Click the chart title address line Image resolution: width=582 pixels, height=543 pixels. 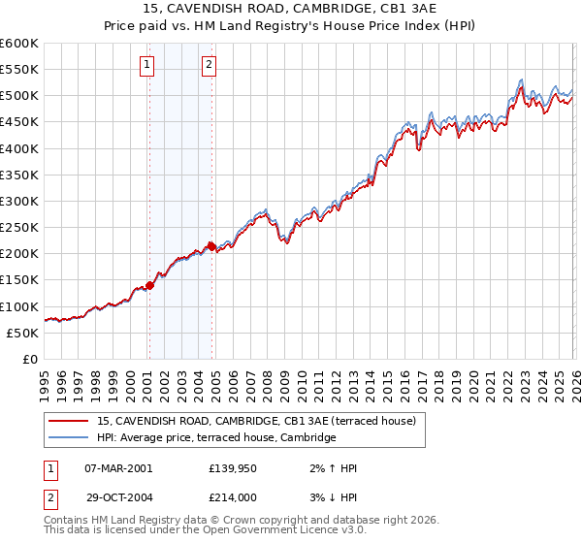tap(291, 9)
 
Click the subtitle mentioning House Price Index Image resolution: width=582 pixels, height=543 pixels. tap(291, 26)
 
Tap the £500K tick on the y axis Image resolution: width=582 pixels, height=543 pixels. tap(19, 96)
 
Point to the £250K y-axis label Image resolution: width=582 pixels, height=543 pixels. tap(19, 228)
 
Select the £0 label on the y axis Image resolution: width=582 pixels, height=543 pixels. tap(29, 359)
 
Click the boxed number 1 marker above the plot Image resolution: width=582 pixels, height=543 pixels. tap(147, 66)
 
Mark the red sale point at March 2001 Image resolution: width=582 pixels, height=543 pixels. tap(149, 285)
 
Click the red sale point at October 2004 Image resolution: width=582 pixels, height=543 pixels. tap(211, 246)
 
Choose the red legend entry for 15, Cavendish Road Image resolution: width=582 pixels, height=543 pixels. tap(256, 421)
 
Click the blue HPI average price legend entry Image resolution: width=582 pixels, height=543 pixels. tap(215, 438)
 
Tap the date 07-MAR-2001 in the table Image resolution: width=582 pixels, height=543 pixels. tap(118, 468)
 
